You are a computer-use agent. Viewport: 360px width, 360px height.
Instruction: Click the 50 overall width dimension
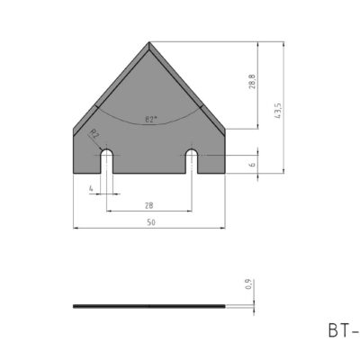click(x=149, y=222)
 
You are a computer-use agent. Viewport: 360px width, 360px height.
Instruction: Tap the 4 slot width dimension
click(x=91, y=187)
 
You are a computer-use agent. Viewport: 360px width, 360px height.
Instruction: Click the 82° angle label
click(x=149, y=119)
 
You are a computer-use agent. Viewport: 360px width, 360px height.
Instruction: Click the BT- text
click(x=343, y=329)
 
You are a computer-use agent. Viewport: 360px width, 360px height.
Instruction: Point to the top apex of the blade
click(x=149, y=40)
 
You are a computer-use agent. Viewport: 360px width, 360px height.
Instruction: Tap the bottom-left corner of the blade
click(x=73, y=172)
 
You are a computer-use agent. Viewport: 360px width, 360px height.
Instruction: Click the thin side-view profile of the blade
click(x=149, y=306)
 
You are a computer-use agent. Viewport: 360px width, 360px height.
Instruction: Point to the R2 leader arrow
click(x=99, y=143)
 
